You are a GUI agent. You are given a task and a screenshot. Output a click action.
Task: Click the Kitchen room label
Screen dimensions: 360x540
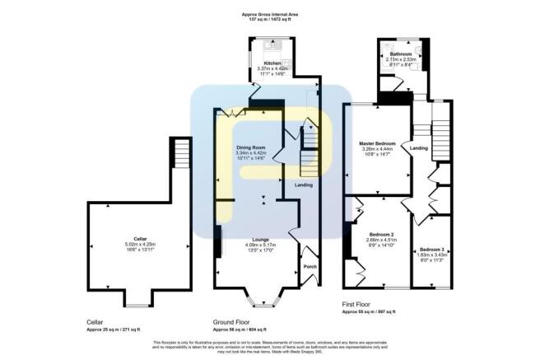point(272,63)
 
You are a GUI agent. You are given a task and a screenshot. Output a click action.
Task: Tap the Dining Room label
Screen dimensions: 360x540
point(250,147)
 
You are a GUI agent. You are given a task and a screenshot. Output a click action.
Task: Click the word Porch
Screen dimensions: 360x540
point(310,267)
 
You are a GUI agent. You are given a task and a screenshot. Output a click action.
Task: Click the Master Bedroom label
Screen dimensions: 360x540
point(379,143)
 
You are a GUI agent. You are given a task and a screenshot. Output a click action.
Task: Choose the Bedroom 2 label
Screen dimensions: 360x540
point(382,234)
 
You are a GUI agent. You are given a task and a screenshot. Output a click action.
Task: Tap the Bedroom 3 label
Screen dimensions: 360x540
point(432,249)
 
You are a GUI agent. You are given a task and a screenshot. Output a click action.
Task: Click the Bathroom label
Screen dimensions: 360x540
point(402,54)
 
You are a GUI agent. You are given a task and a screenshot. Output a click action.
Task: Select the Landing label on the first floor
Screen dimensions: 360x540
point(419,148)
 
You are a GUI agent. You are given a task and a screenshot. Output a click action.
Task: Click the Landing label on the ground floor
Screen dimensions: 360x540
point(304,185)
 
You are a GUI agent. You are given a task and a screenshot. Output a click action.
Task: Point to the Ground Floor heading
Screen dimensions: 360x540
point(231,322)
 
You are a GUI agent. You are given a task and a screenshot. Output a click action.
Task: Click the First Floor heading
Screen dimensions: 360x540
point(359,304)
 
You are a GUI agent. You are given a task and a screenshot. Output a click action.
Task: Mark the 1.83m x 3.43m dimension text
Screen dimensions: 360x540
point(432,255)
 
